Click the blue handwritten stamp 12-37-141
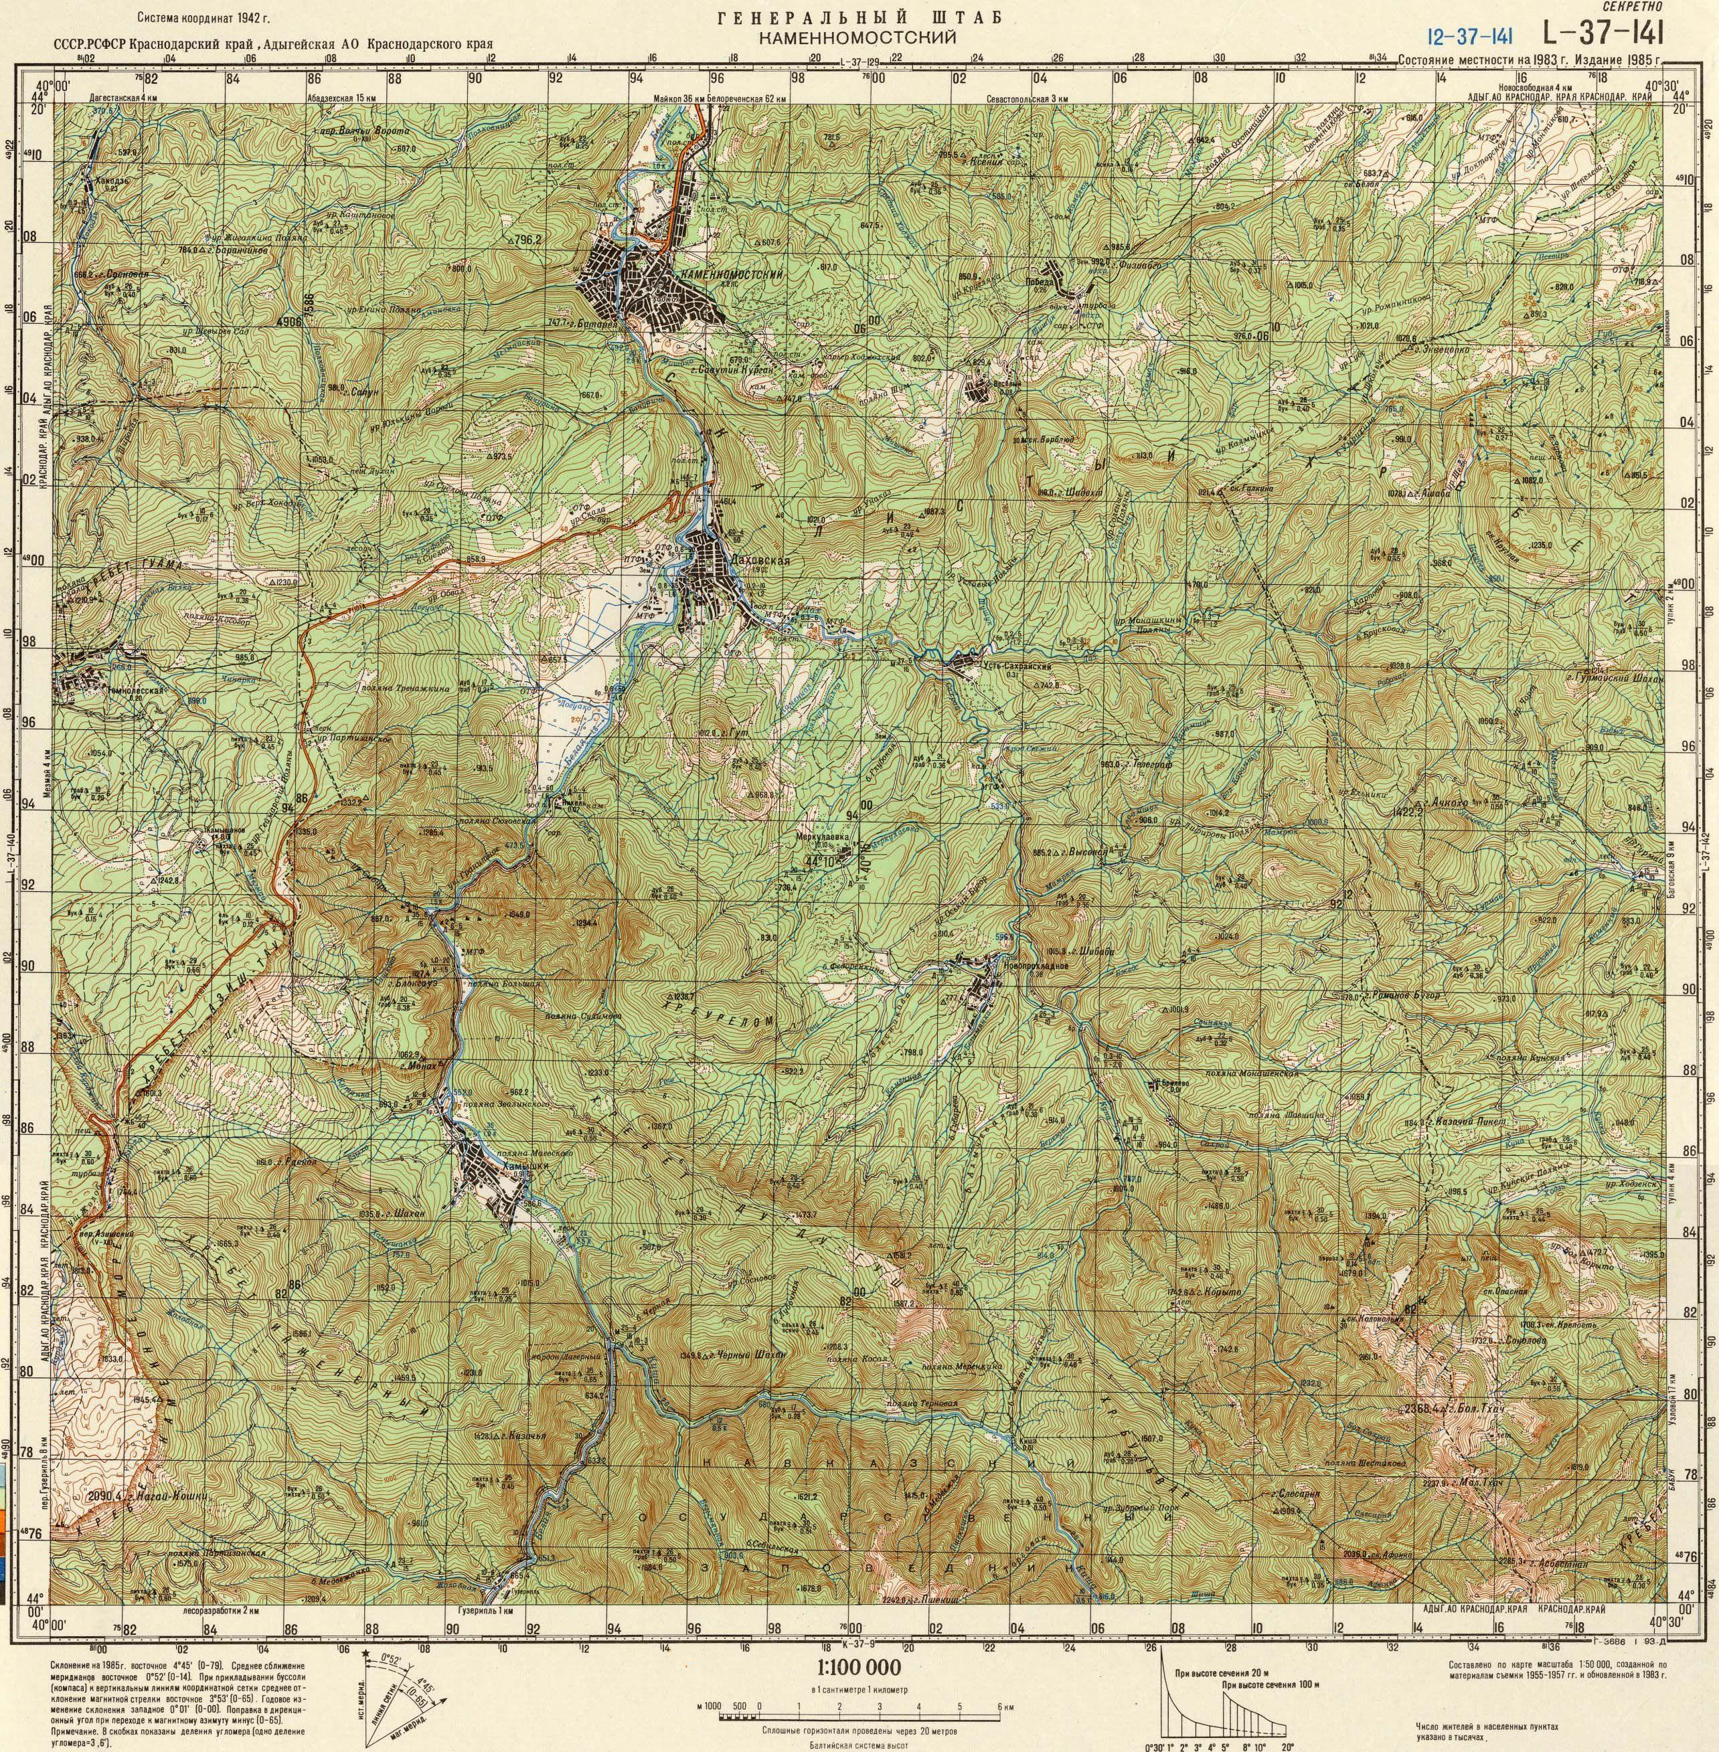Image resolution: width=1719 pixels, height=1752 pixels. pyautogui.click(x=1470, y=37)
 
